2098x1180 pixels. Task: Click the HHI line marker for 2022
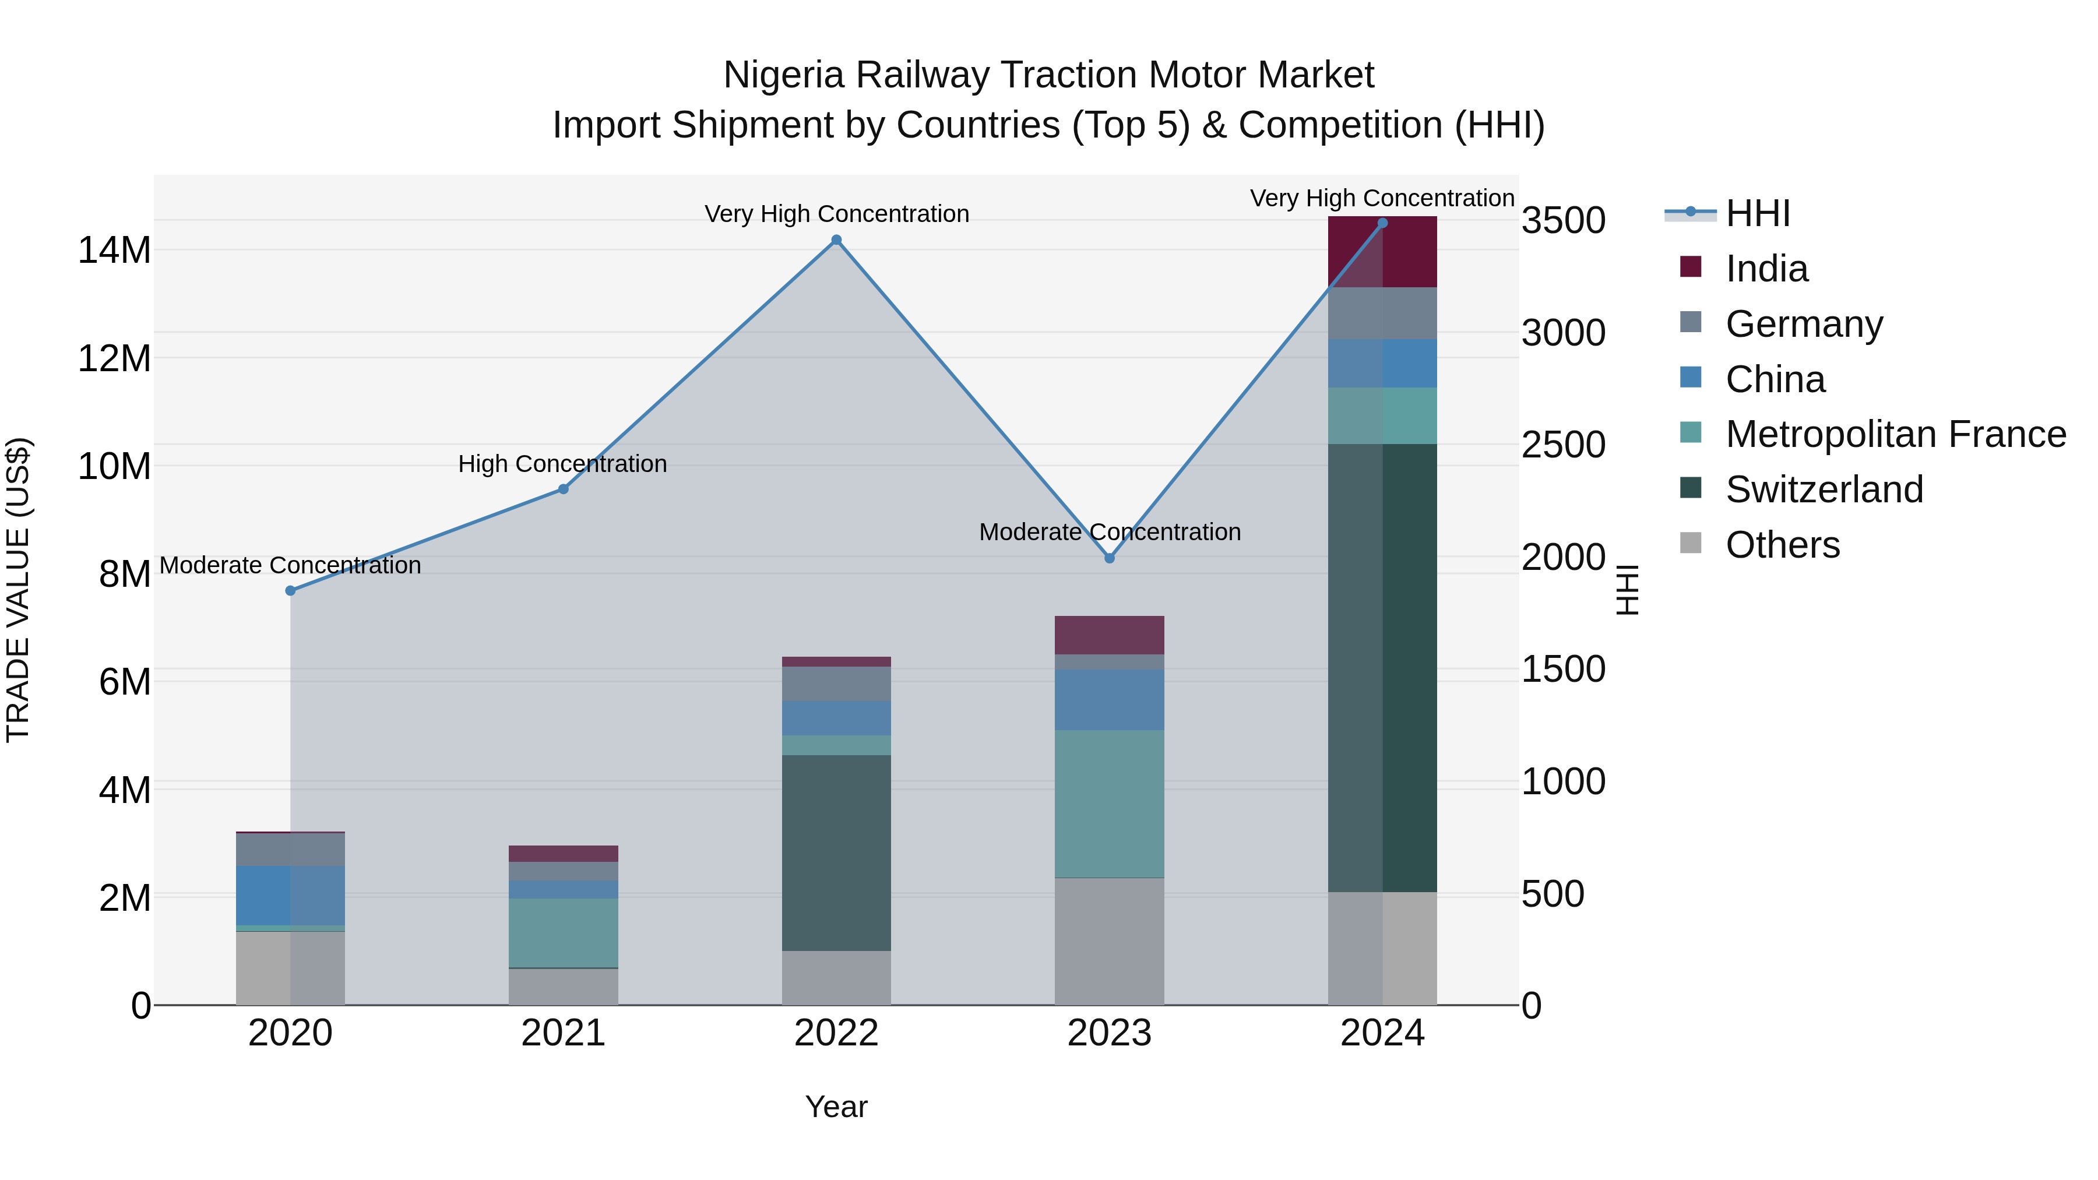(x=836, y=240)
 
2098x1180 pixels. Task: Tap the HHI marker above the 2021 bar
(x=563, y=489)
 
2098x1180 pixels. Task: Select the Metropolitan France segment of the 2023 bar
(x=1109, y=804)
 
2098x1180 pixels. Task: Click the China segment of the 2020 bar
(x=290, y=896)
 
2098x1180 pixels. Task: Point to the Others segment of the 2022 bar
(x=836, y=977)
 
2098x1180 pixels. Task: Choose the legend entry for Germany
(x=1803, y=324)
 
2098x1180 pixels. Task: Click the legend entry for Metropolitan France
(x=1895, y=435)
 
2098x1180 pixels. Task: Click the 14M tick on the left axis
(x=114, y=250)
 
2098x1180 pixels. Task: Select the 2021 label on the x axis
(x=563, y=1033)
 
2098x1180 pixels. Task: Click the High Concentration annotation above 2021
(x=563, y=464)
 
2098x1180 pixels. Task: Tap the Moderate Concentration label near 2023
(x=1109, y=532)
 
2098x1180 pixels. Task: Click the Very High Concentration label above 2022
(x=836, y=214)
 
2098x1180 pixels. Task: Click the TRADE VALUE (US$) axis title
(x=18, y=590)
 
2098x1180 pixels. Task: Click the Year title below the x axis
(x=836, y=1107)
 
